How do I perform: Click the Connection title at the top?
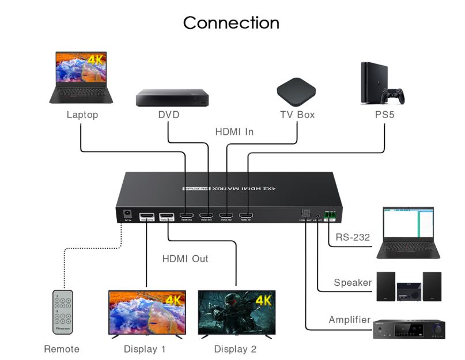[x=231, y=23]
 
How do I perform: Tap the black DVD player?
[x=172, y=98]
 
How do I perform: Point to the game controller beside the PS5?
[x=395, y=95]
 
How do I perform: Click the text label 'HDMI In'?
[x=234, y=132]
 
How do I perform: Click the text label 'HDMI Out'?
[x=185, y=259]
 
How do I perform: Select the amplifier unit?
[x=410, y=328]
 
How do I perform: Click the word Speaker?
[x=353, y=283]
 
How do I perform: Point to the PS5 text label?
[x=384, y=115]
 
